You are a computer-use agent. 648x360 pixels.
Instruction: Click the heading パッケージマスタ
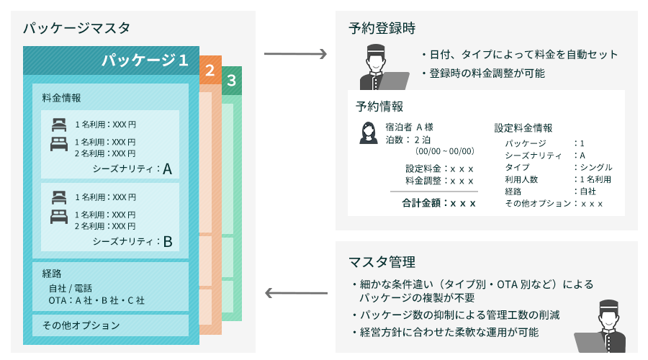tap(76, 30)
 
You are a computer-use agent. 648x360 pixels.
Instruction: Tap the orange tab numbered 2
tap(210, 71)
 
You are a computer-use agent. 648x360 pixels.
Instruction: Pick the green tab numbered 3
tap(231, 81)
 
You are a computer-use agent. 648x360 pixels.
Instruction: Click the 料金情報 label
tap(61, 97)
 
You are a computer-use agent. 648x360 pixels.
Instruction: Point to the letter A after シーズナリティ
tap(167, 169)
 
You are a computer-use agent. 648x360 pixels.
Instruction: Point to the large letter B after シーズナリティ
tap(167, 242)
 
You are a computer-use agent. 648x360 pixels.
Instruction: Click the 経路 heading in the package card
tap(52, 274)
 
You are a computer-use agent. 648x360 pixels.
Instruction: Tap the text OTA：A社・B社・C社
tap(96, 300)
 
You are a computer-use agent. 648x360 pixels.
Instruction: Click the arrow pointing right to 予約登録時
tap(296, 54)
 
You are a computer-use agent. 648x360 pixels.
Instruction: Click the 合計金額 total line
tap(438, 203)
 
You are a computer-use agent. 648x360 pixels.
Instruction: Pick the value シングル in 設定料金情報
tap(595, 167)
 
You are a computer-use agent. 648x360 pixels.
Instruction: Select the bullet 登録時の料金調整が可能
tap(487, 73)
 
